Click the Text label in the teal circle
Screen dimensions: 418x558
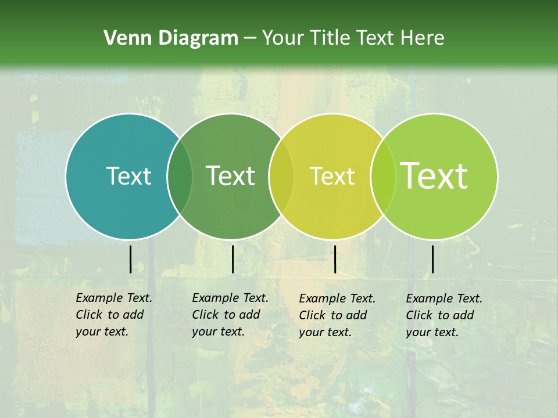[128, 176]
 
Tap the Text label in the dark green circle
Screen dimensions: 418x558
[230, 176]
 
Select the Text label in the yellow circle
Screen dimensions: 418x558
[332, 176]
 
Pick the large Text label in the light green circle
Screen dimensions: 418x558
[434, 175]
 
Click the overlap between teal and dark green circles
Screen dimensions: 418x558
[180, 176]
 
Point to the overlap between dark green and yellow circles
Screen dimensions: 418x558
[281, 176]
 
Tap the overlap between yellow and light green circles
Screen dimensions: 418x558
[383, 176]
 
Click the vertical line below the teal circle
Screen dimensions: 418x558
[130, 259]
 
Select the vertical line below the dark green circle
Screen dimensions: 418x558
[233, 259]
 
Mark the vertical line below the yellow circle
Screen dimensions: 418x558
[335, 259]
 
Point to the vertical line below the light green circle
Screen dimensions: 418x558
[432, 259]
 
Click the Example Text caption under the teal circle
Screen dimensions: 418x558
[114, 315]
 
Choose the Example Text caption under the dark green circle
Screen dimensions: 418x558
[230, 315]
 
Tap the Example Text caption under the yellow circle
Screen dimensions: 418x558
[337, 315]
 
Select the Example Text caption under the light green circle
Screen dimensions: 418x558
[444, 315]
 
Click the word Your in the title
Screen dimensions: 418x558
[283, 38]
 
